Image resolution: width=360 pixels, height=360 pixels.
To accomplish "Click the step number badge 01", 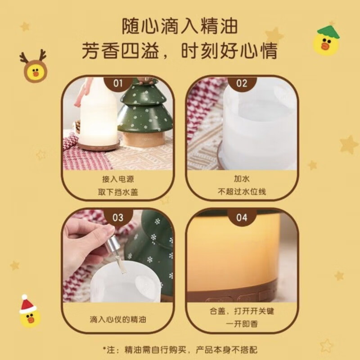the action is (118, 84).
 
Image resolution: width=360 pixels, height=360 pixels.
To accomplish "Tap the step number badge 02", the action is (242, 84).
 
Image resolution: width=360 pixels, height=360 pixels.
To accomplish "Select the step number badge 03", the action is (118, 217).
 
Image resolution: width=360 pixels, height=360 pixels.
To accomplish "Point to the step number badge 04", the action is (242, 217).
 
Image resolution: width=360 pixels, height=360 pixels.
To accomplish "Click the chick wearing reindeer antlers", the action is (34, 66).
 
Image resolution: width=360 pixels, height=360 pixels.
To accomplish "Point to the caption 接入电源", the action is (118, 179).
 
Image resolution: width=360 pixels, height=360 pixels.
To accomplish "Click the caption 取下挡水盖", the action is (118, 192).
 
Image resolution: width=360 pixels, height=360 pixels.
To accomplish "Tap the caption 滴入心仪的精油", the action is (118, 319).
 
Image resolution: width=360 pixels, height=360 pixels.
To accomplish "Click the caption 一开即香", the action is (242, 324).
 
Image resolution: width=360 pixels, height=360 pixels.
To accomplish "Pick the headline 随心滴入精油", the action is (180, 27).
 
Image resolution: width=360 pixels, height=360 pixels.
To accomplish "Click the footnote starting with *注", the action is (180, 350).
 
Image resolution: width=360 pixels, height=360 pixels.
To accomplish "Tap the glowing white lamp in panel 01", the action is (99, 114).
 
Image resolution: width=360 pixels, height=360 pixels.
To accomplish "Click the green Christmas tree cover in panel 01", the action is (145, 110).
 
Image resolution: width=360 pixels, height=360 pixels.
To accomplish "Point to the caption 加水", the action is (242, 179).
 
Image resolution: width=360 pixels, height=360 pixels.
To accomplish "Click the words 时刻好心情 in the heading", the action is (229, 51).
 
